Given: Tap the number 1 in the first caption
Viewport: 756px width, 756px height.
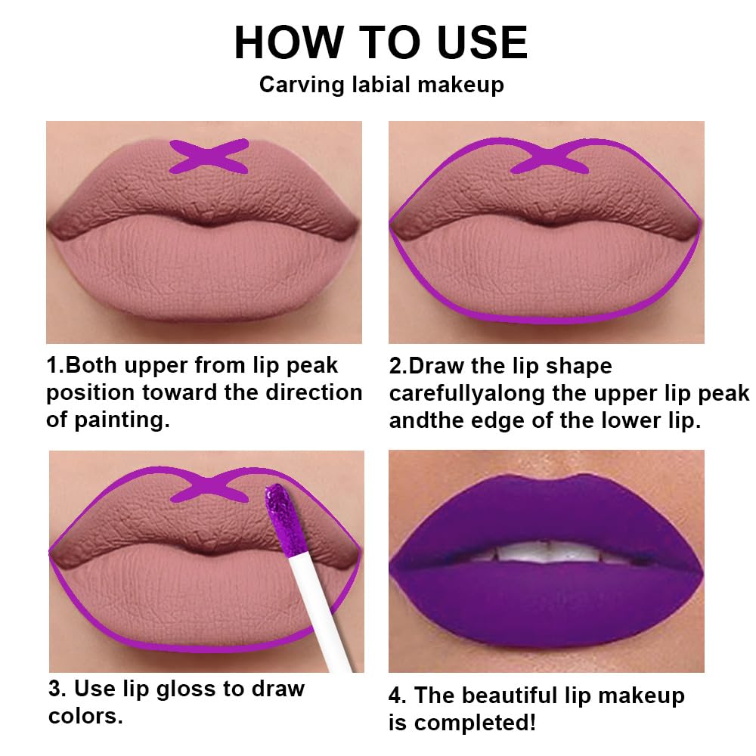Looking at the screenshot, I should (x=52, y=366).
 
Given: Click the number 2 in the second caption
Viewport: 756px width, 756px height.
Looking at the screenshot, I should (x=396, y=366).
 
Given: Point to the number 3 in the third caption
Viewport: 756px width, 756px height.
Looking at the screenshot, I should (x=55, y=689).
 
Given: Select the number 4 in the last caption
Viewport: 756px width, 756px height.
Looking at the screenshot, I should (x=397, y=696).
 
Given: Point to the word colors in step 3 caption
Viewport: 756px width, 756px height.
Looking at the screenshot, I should (x=84, y=716).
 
